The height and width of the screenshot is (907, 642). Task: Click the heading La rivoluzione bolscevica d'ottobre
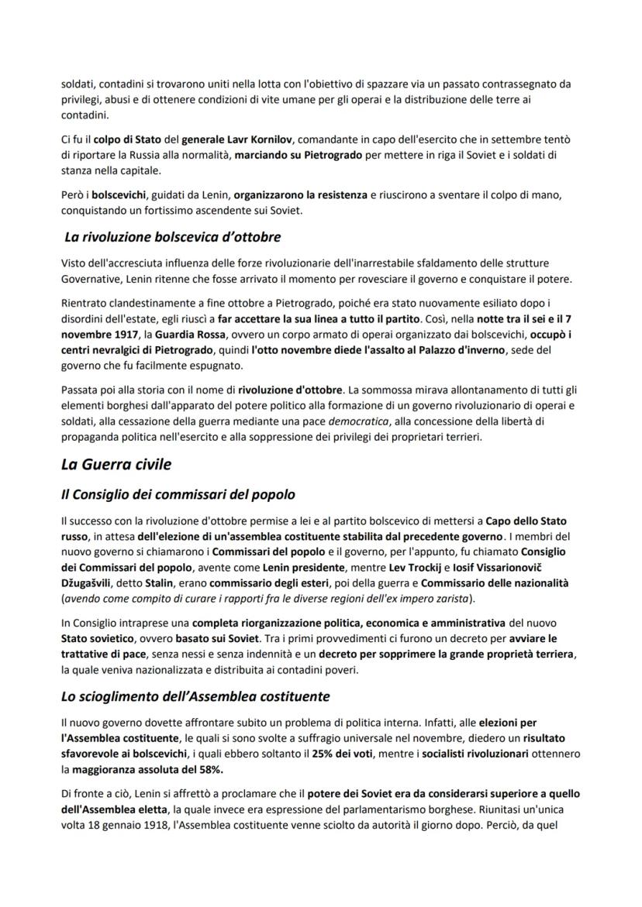(172, 236)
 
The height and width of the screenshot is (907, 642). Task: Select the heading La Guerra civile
(116, 465)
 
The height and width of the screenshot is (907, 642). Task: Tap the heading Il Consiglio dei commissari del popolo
(178, 494)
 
